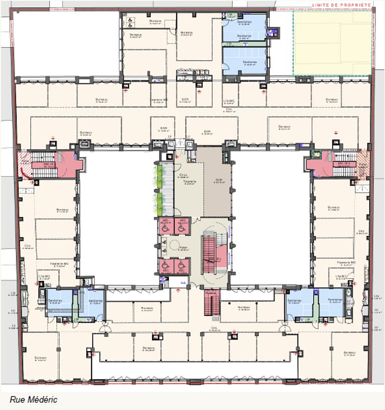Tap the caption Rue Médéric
(33, 399)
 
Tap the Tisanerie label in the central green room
(183, 182)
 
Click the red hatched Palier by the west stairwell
(24, 164)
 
